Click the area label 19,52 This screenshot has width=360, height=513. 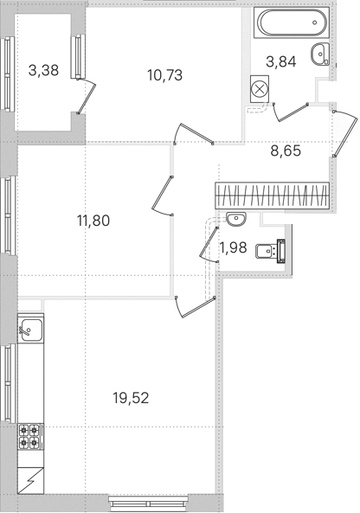tap(131, 398)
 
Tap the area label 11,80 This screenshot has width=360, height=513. tap(93, 221)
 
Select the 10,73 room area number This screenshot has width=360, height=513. tap(165, 75)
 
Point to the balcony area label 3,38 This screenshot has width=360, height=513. tap(43, 70)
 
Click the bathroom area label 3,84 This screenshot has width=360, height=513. tap(281, 61)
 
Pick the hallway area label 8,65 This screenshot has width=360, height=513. tap(286, 151)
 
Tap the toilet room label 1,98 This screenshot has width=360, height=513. tap(234, 247)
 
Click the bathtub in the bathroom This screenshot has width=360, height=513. tap(292, 22)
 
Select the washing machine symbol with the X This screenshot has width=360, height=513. tap(260, 89)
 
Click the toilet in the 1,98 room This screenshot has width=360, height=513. tap(270, 251)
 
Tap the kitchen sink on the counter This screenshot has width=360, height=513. tap(30, 329)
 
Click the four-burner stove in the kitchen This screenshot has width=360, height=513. tap(29, 436)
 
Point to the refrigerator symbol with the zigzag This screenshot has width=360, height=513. tap(30, 480)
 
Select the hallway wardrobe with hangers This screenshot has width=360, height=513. tap(272, 196)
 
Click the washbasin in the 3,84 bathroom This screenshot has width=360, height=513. tap(319, 55)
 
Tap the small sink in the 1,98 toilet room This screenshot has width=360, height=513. tap(236, 219)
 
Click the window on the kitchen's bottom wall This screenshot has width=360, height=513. tap(149, 501)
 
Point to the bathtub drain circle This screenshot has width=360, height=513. tap(314, 22)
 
